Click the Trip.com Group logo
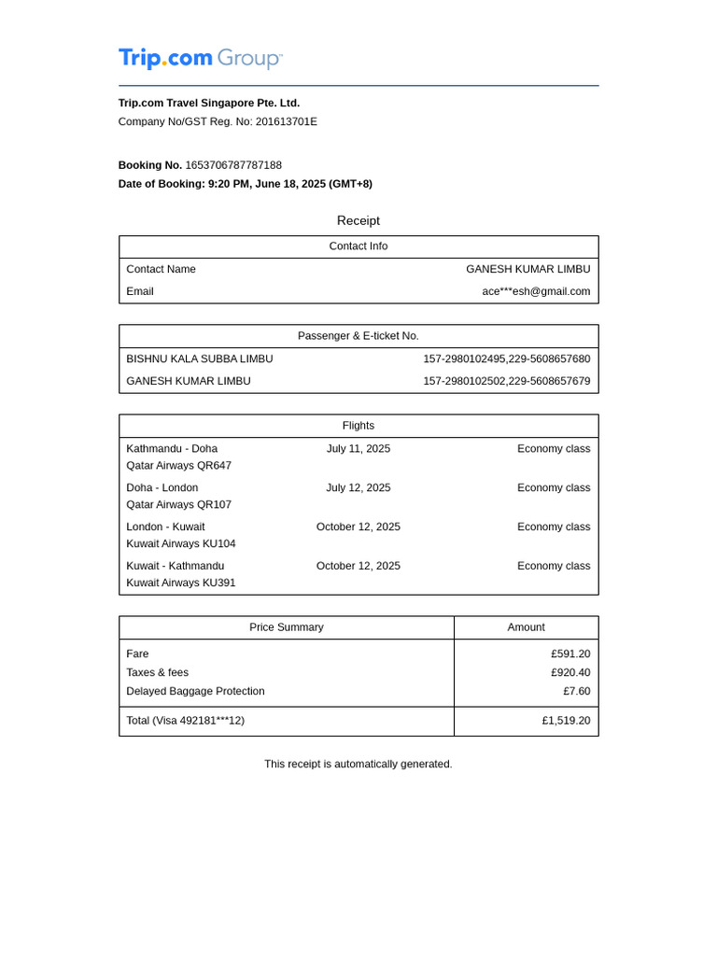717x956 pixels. [x=200, y=58]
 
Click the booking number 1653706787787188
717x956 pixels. [x=233, y=165]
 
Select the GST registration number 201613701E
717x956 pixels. [x=286, y=121]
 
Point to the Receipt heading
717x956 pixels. [x=358, y=221]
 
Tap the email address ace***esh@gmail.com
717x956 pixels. [x=536, y=291]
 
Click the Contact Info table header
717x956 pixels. [x=358, y=246]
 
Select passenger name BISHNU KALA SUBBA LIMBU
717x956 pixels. [x=200, y=358]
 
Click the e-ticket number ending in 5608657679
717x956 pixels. [x=506, y=381]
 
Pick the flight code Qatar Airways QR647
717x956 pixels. [x=179, y=465]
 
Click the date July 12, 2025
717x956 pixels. [x=358, y=487]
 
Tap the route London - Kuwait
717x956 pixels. [x=166, y=527]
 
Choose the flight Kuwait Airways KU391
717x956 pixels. [x=181, y=583]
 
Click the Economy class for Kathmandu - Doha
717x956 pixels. [x=554, y=448]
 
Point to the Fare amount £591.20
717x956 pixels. [x=570, y=654]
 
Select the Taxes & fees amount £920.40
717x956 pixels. [x=570, y=672]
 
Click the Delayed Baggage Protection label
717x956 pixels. [x=196, y=691]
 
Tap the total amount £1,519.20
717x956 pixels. [x=566, y=721]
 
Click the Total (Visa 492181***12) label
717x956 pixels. [x=186, y=721]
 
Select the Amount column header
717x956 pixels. [x=526, y=627]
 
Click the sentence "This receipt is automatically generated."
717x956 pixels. [x=358, y=764]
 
